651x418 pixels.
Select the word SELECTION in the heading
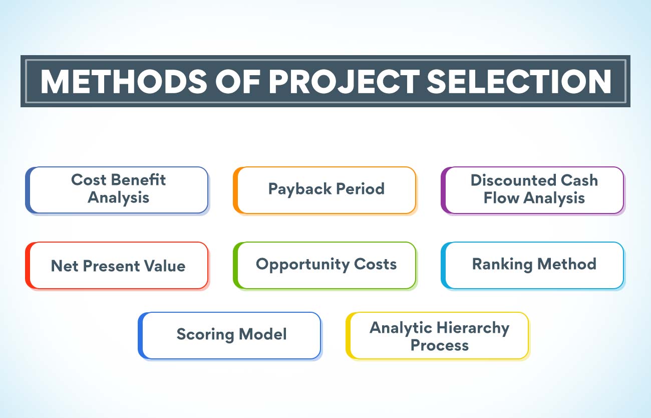coord(519,82)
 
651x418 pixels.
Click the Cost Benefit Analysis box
coord(118,190)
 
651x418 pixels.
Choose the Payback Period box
coord(326,190)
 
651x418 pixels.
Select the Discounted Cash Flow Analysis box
coord(534,190)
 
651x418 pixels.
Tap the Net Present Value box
coord(118,265)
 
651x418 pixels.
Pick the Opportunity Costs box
coord(326,265)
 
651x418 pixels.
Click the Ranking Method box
coord(534,265)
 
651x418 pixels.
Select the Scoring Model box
coord(231,335)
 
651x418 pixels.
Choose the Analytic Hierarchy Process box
coord(439,335)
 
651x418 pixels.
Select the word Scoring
coord(202,334)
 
